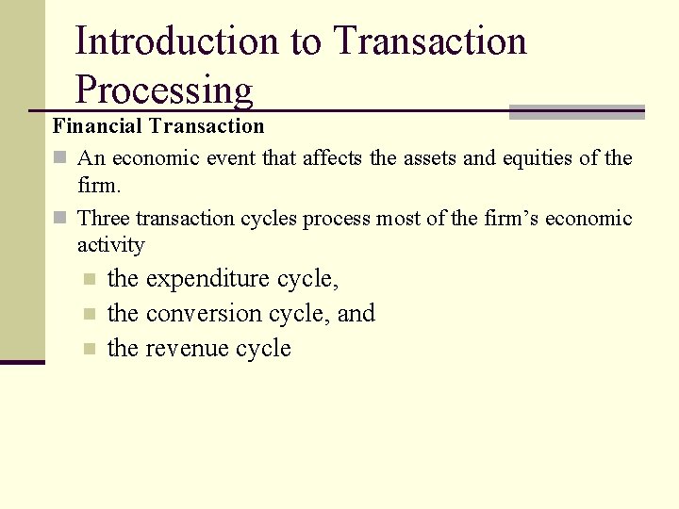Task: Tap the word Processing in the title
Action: tap(164, 90)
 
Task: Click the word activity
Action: tap(111, 245)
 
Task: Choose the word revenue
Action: tap(187, 349)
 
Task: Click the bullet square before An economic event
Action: tap(60, 158)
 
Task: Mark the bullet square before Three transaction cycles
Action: tap(60, 219)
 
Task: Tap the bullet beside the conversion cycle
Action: tap(89, 314)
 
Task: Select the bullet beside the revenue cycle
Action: tap(89, 349)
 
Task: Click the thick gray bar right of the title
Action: tap(576, 111)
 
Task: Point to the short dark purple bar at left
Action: tap(22, 361)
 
